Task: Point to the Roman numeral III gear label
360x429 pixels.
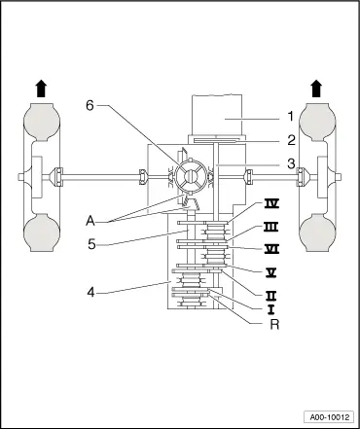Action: tap(272, 227)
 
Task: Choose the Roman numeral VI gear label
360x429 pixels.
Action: tap(272, 248)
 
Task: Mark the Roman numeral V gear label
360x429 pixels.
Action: tap(272, 269)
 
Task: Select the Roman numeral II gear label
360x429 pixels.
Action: tap(272, 292)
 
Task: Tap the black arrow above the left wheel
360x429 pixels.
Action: tap(41, 89)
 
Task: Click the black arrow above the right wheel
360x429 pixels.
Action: tap(317, 89)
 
